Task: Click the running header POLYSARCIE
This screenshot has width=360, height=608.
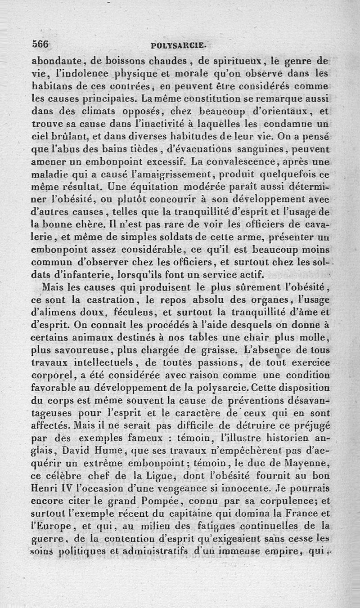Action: tap(179, 45)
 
